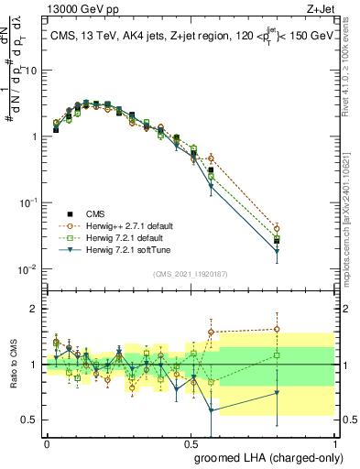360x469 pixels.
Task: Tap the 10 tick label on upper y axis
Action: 31,70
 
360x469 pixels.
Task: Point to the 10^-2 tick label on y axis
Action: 27,268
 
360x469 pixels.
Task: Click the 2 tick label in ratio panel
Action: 35,309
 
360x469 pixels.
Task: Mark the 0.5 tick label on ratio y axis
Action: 31,420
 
